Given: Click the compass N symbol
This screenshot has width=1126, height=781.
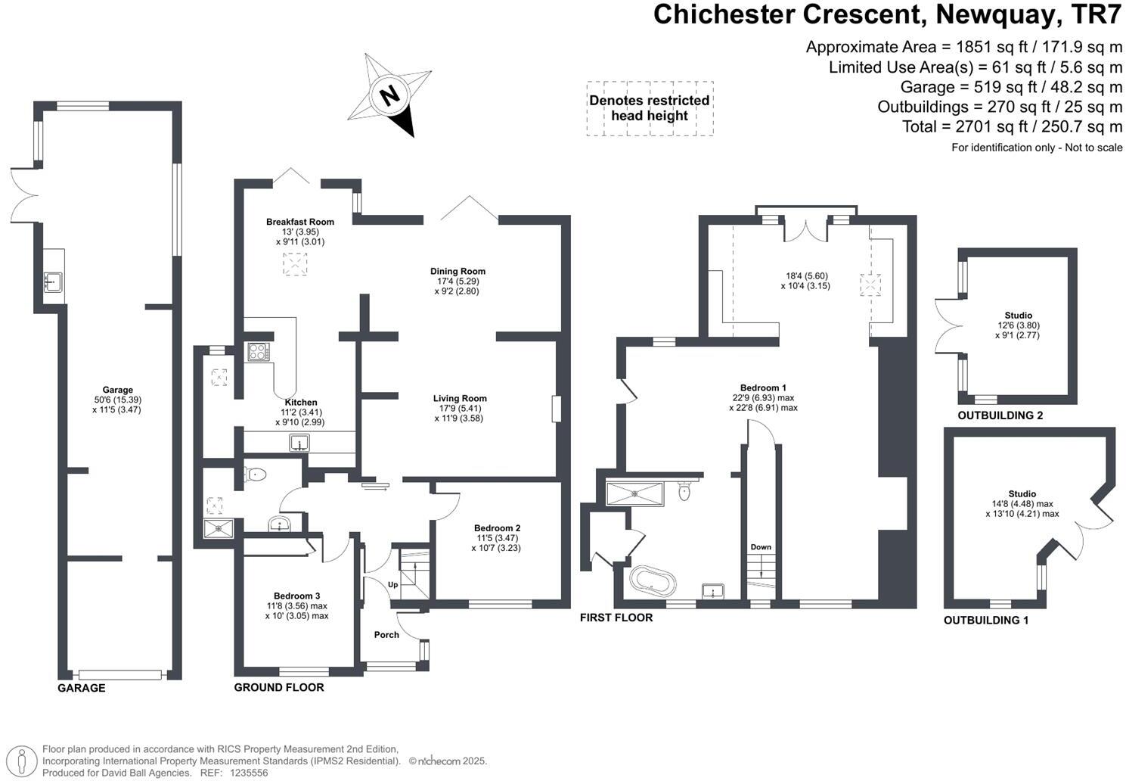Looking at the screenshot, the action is [x=389, y=95].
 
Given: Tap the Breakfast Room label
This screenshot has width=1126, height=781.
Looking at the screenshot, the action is [x=300, y=222].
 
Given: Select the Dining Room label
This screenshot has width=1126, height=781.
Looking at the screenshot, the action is [x=458, y=271].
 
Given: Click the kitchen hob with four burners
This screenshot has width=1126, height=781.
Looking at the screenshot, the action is [x=259, y=352].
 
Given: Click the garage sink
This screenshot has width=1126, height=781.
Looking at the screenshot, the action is [x=53, y=282].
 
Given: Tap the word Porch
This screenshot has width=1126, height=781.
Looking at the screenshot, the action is [x=386, y=635].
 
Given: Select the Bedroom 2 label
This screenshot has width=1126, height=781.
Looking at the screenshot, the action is [x=497, y=528].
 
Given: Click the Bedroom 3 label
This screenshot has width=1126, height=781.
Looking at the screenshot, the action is [x=296, y=596].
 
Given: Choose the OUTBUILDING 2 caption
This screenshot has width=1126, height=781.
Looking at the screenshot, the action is [x=1000, y=415].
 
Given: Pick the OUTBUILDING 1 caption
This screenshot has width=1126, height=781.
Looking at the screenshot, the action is [x=986, y=620].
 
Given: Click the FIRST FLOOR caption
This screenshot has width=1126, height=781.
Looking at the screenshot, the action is [x=616, y=618].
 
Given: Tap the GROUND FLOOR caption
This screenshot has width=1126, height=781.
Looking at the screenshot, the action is [x=279, y=687].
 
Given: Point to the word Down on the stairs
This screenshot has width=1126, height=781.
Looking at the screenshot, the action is [x=761, y=547].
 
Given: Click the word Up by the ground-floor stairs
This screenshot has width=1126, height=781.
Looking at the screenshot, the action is [x=393, y=584].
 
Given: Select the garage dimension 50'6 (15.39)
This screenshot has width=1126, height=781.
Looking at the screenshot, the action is [x=118, y=400].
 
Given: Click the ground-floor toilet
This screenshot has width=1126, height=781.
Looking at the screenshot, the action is [x=255, y=474].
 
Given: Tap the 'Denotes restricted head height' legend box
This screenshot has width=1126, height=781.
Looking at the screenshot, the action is [x=650, y=109].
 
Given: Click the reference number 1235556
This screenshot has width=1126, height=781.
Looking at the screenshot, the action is [x=249, y=773].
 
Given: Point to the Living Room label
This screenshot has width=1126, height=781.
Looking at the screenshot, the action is [x=460, y=398].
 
